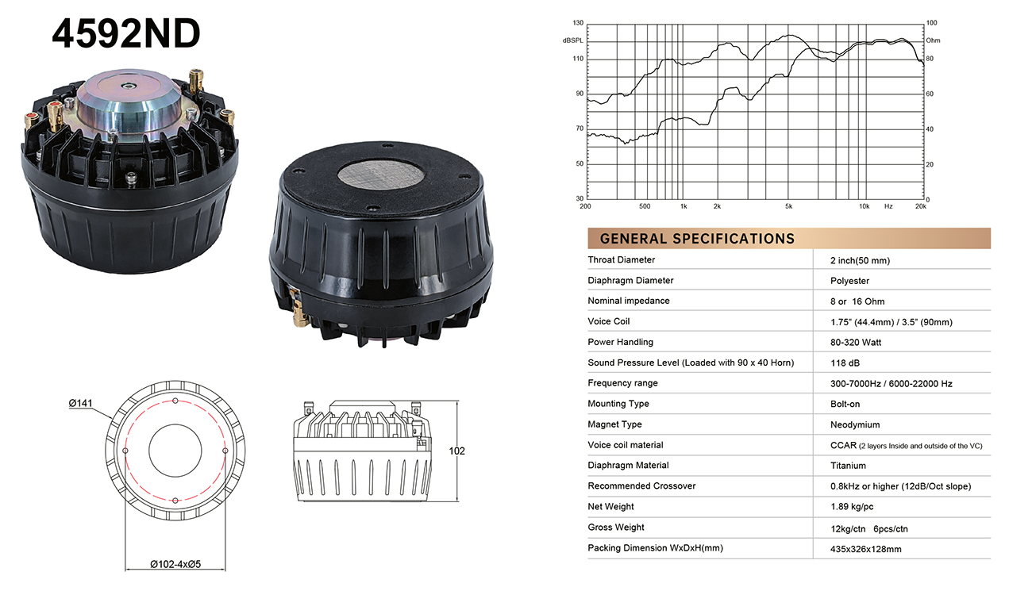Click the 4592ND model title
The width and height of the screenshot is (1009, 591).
tap(126, 33)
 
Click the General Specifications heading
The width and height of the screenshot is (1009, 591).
tap(697, 238)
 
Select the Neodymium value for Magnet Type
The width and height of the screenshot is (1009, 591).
tap(855, 424)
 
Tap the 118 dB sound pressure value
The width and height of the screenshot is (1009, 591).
tap(845, 363)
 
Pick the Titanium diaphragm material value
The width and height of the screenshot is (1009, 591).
tap(848, 466)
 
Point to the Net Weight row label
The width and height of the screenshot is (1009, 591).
tap(610, 506)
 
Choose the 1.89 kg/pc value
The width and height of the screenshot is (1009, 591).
tap(852, 506)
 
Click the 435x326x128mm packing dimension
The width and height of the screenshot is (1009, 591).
tap(866, 549)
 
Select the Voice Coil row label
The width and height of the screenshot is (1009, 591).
tap(609, 321)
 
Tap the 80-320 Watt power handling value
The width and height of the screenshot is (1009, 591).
tap(856, 342)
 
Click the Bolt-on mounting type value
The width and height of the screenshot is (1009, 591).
tap(845, 404)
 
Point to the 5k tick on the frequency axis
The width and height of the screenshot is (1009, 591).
tap(789, 206)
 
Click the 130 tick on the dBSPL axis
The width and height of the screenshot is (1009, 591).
tap(578, 22)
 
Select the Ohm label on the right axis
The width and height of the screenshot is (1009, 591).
tap(933, 40)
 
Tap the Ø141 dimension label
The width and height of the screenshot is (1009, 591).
tap(80, 403)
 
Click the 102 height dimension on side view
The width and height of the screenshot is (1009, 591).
tap(456, 451)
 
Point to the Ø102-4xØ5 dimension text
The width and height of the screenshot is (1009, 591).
tap(175, 564)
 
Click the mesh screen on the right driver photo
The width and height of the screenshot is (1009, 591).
tap(380, 175)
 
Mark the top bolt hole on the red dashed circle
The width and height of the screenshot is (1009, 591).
tap(175, 401)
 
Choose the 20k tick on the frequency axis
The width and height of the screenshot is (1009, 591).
tap(921, 206)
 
